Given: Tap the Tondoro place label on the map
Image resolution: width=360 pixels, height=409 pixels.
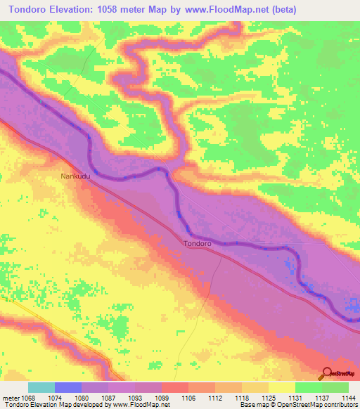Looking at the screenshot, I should click(197, 244).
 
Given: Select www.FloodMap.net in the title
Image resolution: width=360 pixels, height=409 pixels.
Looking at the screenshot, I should click(216, 9).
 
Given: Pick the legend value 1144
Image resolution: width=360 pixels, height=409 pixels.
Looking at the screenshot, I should click(348, 398).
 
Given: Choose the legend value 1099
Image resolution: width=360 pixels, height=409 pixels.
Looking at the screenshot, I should click(162, 398).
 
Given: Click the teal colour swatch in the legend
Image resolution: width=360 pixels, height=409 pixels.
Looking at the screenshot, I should click(41, 387).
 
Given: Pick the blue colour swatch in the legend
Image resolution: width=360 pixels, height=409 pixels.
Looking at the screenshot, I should click(68, 387).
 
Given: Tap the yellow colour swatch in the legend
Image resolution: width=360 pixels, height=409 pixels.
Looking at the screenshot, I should click(282, 387).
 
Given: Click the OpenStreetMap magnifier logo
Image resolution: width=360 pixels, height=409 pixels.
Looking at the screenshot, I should click(326, 374).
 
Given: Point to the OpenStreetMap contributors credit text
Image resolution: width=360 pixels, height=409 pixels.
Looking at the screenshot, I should click(324, 405).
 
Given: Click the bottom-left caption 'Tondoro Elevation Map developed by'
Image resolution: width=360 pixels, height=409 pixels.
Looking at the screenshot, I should click(48, 405).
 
